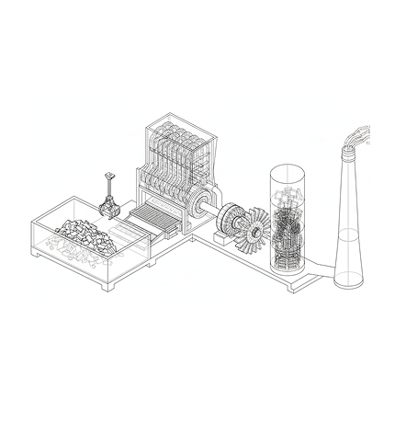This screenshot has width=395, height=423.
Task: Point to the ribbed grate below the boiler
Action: click(x=149, y=221)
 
